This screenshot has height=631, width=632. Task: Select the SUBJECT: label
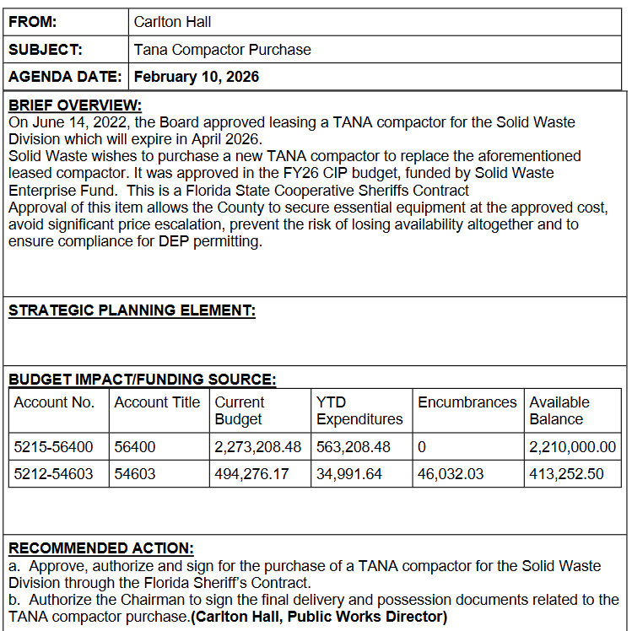45,50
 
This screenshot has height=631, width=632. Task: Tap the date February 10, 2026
197,77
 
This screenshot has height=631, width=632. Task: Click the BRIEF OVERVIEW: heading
75,105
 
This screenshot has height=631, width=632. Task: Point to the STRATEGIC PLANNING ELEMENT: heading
132,310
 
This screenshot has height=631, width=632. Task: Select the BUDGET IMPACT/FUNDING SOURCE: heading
142,380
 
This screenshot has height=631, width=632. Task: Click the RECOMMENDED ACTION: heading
101,548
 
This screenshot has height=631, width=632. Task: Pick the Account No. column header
54,402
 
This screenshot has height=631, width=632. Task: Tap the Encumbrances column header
467,402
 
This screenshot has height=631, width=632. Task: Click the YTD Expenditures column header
359,411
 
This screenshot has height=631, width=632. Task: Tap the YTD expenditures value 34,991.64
349,474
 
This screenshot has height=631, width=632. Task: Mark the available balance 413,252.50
567,474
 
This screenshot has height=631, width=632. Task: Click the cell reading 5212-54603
54,474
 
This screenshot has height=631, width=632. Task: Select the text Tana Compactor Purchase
223,50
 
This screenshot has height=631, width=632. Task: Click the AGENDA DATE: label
66,77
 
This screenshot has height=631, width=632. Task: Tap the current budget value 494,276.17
252,474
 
